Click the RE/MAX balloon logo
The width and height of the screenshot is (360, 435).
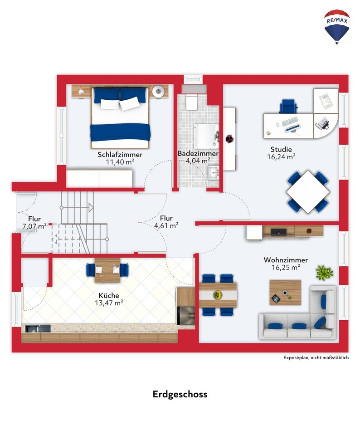pyautogui.click(x=337, y=27)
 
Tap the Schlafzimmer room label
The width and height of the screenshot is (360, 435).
pyautogui.click(x=120, y=155)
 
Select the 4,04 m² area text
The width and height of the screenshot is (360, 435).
pyautogui.click(x=198, y=161)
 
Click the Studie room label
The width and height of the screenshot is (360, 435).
pyautogui.click(x=281, y=150)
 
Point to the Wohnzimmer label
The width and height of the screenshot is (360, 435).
pyautogui.click(x=286, y=260)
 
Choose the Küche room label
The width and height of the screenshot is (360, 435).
pyautogui.click(x=109, y=295)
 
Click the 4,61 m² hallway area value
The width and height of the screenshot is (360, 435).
pyautogui.click(x=166, y=225)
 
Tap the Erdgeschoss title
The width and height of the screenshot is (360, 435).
pyautogui.click(x=180, y=394)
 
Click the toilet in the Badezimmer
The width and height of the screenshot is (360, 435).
pyautogui.click(x=191, y=102)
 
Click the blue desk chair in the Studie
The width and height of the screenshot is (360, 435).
pyautogui.click(x=288, y=106)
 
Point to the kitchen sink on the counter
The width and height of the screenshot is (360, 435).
pyautogui.click(x=38, y=329)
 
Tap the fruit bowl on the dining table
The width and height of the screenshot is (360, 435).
pyautogui.click(x=218, y=295)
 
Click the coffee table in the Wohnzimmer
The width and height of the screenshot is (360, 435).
pyautogui.click(x=285, y=293)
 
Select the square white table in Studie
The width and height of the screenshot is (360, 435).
pyautogui.click(x=308, y=192)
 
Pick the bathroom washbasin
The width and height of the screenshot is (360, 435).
pyautogui.click(x=214, y=173)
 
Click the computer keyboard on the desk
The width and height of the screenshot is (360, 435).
pyautogui.click(x=290, y=122)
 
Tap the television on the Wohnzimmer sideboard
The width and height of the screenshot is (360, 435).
pyautogui.click(x=278, y=231)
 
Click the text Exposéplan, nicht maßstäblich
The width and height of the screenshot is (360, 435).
pyautogui.click(x=316, y=357)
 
